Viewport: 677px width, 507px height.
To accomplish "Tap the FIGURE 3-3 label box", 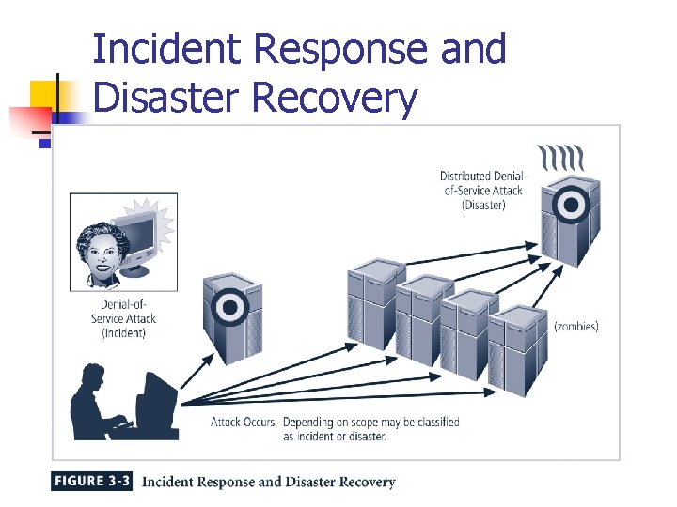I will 91,482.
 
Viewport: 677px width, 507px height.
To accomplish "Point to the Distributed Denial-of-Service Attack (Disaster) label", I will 484,191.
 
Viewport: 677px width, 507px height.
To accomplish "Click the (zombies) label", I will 575,327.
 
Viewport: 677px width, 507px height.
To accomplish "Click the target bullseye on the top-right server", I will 570,205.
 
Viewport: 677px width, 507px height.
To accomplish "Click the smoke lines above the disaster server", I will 561,156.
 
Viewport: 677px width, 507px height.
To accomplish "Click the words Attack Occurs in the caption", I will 244,422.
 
